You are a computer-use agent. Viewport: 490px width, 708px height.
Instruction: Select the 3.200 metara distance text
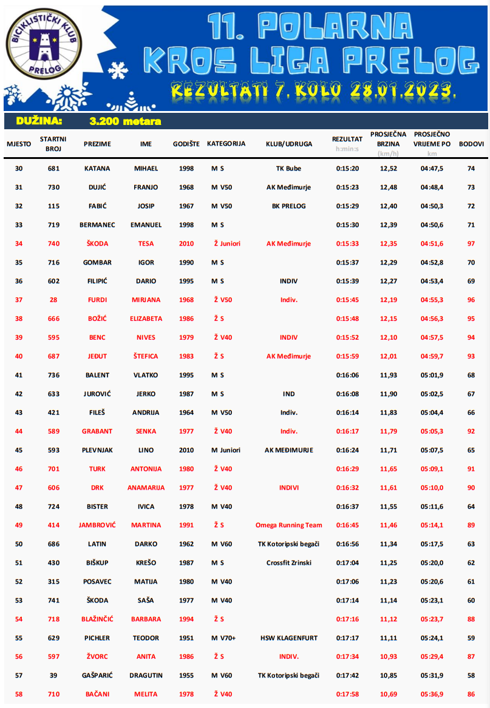(x=125, y=121)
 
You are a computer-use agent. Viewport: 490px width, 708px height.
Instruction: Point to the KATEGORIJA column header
(x=226, y=144)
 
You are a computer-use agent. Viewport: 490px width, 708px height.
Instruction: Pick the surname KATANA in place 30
(x=97, y=169)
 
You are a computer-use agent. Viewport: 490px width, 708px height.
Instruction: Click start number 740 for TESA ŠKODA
(x=53, y=244)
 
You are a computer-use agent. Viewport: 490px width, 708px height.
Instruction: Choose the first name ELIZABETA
(x=146, y=319)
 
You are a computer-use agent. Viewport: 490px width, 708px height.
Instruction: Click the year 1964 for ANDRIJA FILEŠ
(x=186, y=413)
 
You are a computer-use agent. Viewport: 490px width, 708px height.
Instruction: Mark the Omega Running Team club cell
(x=288, y=525)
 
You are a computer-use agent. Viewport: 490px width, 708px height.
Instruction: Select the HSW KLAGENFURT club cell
(x=288, y=638)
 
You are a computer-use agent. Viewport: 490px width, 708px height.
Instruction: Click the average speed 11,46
(x=389, y=525)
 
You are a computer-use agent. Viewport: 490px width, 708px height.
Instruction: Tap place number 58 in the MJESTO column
(x=19, y=695)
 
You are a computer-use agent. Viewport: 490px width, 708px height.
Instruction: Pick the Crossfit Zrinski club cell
(x=288, y=563)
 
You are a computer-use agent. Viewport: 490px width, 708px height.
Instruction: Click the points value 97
(x=471, y=244)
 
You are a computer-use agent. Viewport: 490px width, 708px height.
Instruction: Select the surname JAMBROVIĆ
(x=97, y=525)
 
